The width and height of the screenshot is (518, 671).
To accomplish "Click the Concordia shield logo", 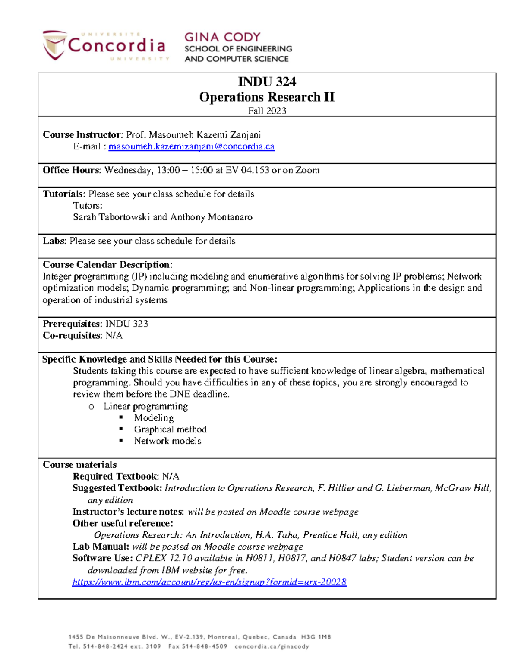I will (54, 45).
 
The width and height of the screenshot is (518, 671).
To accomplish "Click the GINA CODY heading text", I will (222, 37).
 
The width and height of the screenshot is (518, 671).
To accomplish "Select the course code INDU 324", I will (267, 82).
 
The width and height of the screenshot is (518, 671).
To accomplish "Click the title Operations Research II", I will (267, 97).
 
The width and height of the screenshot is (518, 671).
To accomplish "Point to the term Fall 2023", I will (267, 111).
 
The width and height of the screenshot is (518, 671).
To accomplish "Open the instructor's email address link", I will (191, 146).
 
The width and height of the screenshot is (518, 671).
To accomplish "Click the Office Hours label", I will (71, 170).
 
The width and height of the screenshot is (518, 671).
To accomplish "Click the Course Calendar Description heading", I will (107, 264).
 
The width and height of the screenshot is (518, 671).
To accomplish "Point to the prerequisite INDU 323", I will (127, 324).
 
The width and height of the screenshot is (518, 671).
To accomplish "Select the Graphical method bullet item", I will (170, 429).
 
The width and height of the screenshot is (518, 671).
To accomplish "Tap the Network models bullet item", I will (167, 441).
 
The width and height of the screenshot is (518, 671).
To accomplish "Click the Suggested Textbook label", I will (117, 488).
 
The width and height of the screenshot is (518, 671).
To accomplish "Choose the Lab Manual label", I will (101, 547).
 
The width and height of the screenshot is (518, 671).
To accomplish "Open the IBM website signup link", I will (209, 582).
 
